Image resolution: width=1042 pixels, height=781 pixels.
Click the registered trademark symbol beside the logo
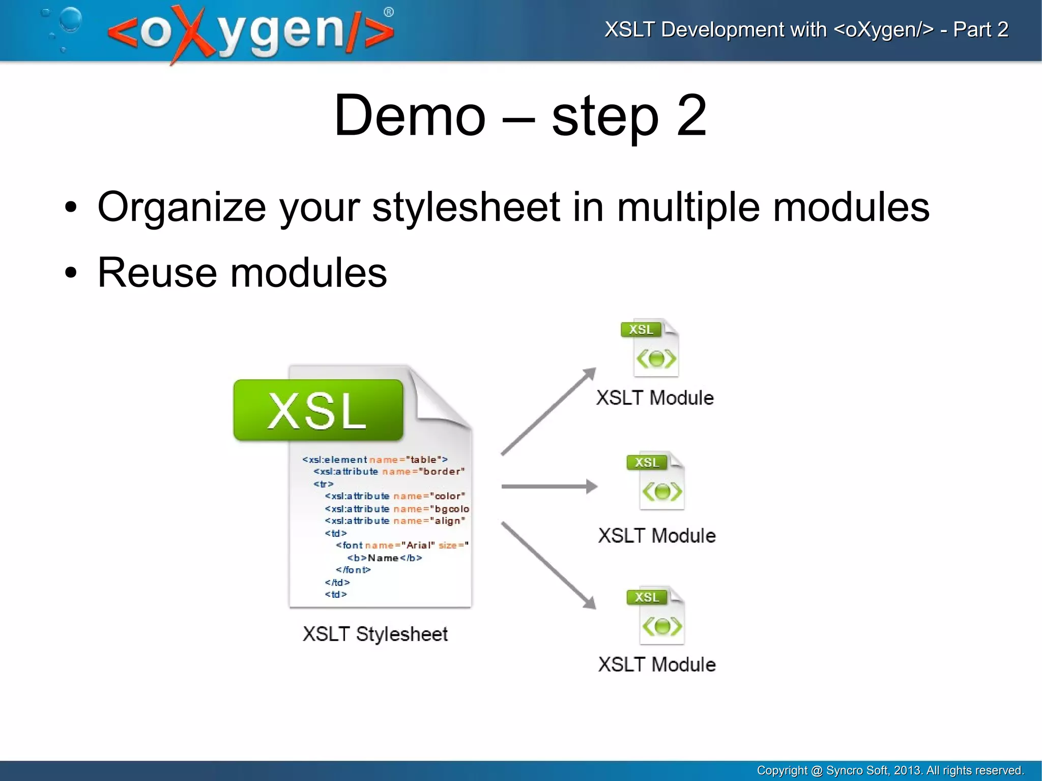[389, 12]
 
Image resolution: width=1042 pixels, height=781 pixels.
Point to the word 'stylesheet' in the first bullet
[466, 207]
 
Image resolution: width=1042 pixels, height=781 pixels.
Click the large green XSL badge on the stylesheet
[318, 410]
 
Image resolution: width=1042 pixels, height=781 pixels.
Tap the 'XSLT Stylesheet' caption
[375, 634]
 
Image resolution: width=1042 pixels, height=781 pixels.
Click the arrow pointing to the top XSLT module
[548, 411]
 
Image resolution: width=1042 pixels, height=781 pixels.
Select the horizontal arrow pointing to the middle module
[548, 486]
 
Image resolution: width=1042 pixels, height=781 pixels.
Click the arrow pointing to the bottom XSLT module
[548, 565]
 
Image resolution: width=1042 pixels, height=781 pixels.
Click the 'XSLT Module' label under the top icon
[655, 398]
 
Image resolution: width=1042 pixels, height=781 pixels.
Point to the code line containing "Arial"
[402, 545]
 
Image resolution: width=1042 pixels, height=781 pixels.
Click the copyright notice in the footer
[890, 770]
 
